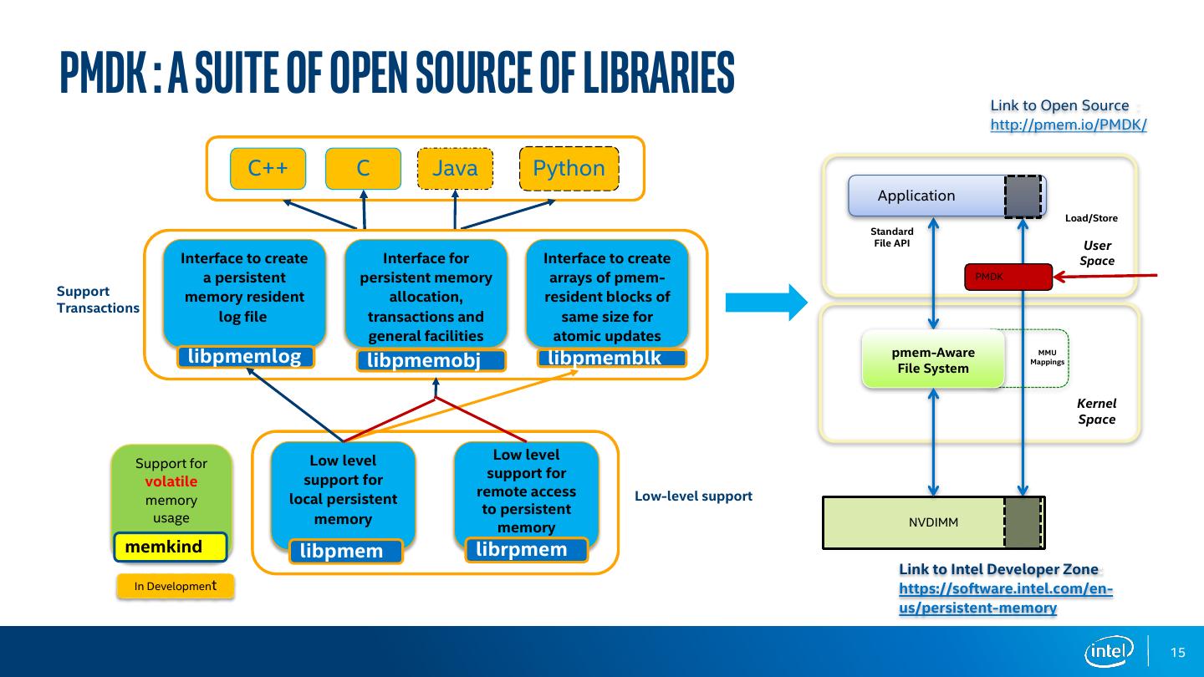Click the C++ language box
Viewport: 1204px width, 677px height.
point(268,168)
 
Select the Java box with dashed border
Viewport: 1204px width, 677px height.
point(455,168)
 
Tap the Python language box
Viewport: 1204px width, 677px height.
point(569,168)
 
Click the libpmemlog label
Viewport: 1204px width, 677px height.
point(245,357)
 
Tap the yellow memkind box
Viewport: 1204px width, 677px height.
point(171,547)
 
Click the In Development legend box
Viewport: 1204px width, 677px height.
point(176,586)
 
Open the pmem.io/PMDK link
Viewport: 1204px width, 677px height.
point(1069,125)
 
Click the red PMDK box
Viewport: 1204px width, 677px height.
point(1008,277)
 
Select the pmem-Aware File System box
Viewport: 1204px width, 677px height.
point(933,359)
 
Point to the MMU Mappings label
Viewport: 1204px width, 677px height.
point(1047,358)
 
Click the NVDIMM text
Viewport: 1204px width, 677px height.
point(933,522)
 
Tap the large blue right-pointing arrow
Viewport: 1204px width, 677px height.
point(767,303)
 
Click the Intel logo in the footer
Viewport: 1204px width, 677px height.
point(1109,652)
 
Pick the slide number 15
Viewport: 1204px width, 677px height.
point(1177,652)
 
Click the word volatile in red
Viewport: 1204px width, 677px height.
point(171,481)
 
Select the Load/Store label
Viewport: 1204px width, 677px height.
point(1091,218)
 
